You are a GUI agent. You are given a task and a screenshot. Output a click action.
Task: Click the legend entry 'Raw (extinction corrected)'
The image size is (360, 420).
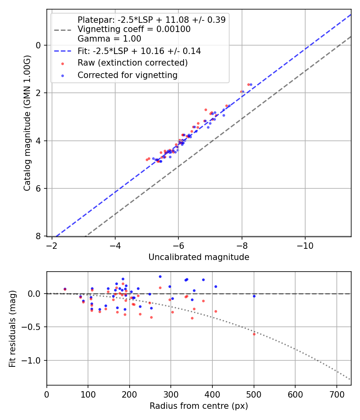132,63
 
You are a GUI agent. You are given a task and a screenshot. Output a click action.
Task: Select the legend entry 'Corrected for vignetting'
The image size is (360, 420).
127,75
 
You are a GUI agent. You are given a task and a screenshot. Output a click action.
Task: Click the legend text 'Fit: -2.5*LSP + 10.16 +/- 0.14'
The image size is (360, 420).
139,51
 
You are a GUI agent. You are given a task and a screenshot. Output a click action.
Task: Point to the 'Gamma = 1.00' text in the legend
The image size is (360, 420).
109,39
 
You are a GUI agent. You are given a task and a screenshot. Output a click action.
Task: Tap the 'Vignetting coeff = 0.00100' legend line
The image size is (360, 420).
134,29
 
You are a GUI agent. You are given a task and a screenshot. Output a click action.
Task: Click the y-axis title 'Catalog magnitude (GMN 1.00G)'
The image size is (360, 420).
27,123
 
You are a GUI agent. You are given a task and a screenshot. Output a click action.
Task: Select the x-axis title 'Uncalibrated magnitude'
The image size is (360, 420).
199,257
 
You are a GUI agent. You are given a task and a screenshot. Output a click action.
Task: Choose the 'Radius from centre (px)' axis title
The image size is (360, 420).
199,406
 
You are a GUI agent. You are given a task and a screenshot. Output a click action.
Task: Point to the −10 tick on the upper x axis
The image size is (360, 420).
305,244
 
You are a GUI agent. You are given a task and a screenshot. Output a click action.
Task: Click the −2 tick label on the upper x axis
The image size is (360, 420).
52,244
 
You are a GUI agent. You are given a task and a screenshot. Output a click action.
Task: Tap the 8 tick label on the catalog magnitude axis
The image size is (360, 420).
39,236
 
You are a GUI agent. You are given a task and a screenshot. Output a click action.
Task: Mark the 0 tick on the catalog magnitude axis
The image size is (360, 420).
39,45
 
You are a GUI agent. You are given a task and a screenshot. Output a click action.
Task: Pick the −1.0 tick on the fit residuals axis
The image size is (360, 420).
34,360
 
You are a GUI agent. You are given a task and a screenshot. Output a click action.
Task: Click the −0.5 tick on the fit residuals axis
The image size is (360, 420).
34,327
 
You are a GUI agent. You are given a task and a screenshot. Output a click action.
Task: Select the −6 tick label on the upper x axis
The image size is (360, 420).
178,244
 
